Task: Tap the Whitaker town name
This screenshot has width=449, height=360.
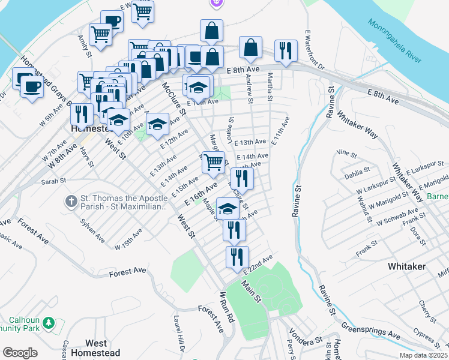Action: coord(407,266)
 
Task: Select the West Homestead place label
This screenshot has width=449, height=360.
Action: coord(102,348)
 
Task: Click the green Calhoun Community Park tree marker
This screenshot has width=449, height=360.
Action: coord(50,324)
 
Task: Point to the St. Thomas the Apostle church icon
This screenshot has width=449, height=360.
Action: coord(70,202)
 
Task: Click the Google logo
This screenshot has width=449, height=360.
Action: coord(20,353)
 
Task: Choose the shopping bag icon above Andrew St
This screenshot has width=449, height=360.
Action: coord(250,47)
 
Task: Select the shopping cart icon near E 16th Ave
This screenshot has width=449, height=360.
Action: coord(213,161)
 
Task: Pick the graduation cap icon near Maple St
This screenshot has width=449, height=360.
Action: coord(227,208)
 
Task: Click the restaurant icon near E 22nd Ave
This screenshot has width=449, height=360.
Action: coord(237,257)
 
